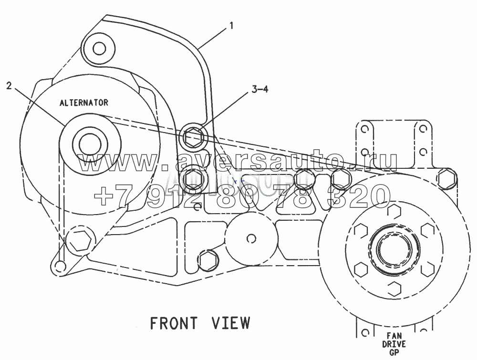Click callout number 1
pos(231,26)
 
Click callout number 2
pos(9,86)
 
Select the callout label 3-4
pos(260,89)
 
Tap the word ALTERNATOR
pos(83,103)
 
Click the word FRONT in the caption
pos(174,323)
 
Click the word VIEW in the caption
pos(230,323)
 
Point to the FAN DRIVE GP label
pos(394,344)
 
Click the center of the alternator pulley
pos(90,144)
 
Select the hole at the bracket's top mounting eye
pos(99,49)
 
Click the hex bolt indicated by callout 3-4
pos(193,136)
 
